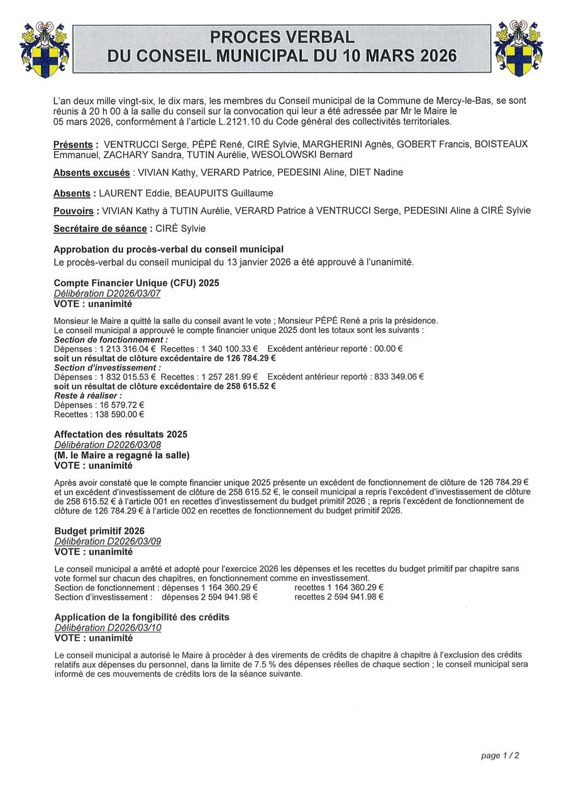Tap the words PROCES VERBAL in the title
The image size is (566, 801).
[x=282, y=37]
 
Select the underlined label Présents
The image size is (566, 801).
[x=73, y=145]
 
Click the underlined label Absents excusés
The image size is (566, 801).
[x=92, y=172]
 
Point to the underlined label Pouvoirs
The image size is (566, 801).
[x=74, y=211]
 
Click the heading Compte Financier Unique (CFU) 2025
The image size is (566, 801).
[x=136, y=283]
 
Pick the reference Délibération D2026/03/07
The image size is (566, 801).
[x=108, y=293]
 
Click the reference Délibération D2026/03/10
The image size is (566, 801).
[x=108, y=627]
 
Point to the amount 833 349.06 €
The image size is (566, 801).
[x=397, y=376]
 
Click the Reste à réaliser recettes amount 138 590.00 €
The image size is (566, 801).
[x=118, y=414]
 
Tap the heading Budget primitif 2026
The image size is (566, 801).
[x=99, y=531]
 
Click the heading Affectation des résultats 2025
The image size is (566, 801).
[x=121, y=434]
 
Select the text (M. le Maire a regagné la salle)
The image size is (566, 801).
[x=122, y=455]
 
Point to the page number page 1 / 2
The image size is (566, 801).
[x=500, y=756]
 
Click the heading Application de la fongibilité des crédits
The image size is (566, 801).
[x=141, y=617]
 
